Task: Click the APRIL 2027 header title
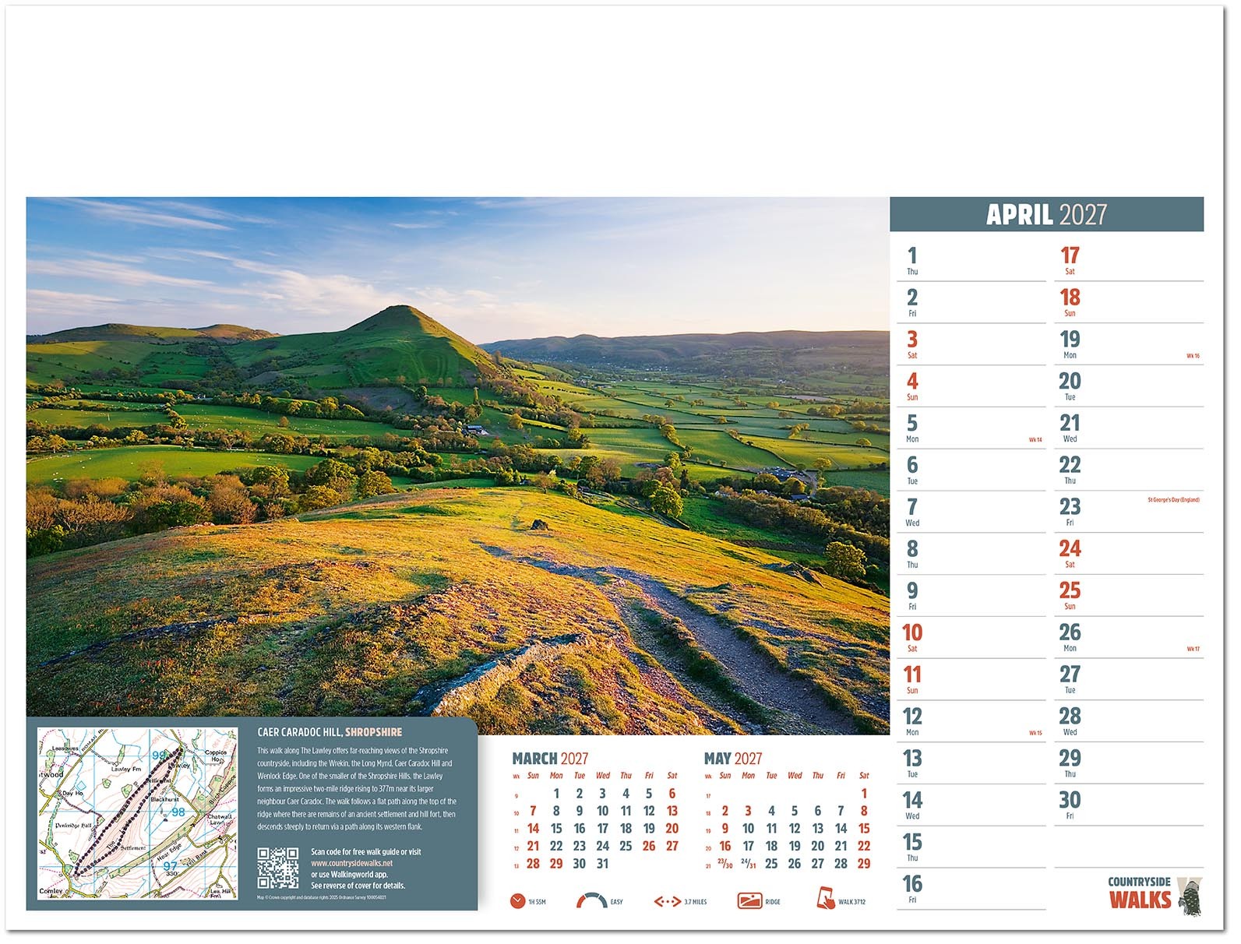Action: [x=1045, y=214]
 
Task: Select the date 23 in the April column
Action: [x=1069, y=507]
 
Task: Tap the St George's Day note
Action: [x=1172, y=500]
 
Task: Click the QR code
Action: [x=278, y=868]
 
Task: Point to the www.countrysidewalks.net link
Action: [x=351, y=863]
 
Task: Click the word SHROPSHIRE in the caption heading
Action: [x=373, y=732]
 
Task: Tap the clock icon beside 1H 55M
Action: [x=517, y=901]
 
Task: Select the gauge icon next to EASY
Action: [x=591, y=901]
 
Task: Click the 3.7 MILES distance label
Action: [x=695, y=902]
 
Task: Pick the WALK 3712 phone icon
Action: [x=825, y=898]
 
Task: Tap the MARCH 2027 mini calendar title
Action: [x=549, y=759]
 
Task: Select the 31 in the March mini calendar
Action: [x=602, y=864]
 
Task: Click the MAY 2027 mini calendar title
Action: [x=732, y=759]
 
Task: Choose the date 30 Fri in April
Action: [x=1069, y=801]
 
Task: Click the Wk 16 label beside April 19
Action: [x=1192, y=356]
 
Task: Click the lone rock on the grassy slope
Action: [x=538, y=525]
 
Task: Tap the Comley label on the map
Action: [x=51, y=891]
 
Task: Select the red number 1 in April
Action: [x=911, y=255]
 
